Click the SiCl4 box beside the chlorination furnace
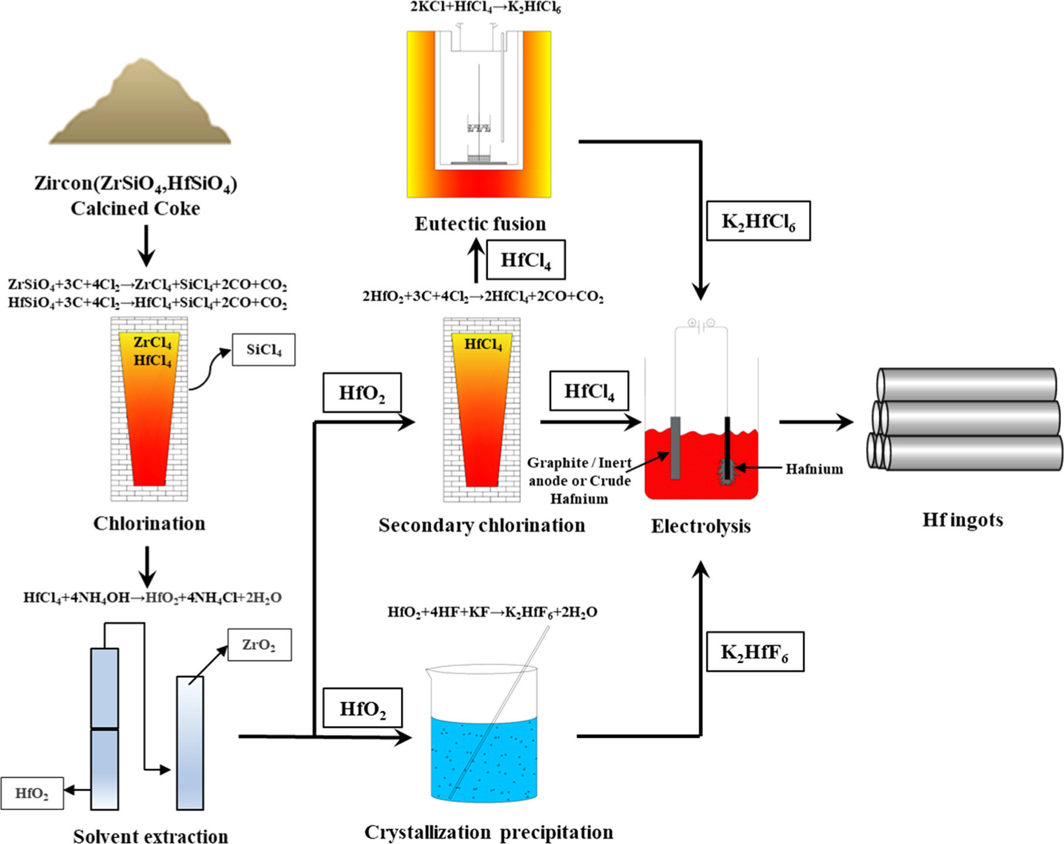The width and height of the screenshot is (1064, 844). (x=264, y=350)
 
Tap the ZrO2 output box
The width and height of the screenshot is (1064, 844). (x=259, y=644)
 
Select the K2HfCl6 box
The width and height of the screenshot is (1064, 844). (x=758, y=221)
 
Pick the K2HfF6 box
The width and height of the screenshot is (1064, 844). (x=754, y=652)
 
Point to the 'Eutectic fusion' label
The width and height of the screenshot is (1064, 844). (x=480, y=224)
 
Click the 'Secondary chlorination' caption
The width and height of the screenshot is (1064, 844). (x=481, y=525)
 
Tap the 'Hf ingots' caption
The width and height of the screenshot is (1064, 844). (x=962, y=519)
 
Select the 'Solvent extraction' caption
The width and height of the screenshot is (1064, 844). (x=150, y=836)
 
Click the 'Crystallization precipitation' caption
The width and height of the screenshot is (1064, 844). (x=488, y=832)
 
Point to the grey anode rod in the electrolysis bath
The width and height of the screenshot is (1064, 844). (x=675, y=447)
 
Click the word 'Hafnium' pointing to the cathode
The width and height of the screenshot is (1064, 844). (x=814, y=469)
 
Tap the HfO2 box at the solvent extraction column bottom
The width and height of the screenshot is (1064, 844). (x=32, y=794)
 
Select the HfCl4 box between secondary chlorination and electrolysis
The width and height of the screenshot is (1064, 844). (x=589, y=391)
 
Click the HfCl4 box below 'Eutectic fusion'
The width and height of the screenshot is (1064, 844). (x=525, y=259)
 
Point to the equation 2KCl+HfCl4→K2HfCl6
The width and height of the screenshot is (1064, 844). (x=485, y=8)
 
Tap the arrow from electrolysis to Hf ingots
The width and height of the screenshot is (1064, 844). (x=816, y=421)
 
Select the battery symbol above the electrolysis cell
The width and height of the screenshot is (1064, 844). (x=701, y=323)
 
